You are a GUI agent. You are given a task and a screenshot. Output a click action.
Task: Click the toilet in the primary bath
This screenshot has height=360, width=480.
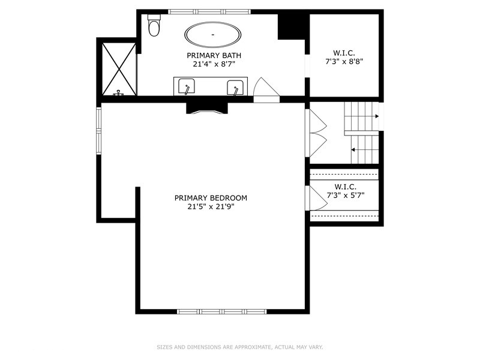(x=154, y=25)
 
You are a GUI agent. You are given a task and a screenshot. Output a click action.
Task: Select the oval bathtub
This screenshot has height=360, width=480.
(x=213, y=35)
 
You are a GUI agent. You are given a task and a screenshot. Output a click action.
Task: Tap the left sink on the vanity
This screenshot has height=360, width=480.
(x=187, y=87)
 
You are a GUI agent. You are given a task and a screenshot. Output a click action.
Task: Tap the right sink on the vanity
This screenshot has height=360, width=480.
(x=235, y=88)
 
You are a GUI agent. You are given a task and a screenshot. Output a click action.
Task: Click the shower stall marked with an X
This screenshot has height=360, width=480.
(x=119, y=69)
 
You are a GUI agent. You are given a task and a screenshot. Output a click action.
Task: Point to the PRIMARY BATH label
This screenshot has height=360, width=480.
(x=214, y=55)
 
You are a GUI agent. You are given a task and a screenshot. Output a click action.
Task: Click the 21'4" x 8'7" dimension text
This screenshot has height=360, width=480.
(x=214, y=64)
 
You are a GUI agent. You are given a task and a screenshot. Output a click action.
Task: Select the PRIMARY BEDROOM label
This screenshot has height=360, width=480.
(x=211, y=198)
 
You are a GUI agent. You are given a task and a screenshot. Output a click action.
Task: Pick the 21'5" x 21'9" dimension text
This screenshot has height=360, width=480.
(x=211, y=206)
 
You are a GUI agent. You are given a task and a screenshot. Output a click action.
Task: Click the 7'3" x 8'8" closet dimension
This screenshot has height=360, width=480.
(x=344, y=62)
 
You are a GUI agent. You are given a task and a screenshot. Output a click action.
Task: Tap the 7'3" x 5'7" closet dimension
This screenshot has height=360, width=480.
(x=346, y=195)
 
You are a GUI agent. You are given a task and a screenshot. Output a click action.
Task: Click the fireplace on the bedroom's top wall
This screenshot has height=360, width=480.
(x=207, y=109)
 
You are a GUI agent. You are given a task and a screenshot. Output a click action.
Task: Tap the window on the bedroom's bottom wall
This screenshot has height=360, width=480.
(x=222, y=311)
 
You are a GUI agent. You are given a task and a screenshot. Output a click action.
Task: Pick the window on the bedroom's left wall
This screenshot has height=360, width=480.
(x=98, y=131)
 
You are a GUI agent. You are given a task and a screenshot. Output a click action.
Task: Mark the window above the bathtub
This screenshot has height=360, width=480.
(x=209, y=11)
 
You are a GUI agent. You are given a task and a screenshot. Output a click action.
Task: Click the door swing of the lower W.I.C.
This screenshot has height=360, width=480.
(x=317, y=198)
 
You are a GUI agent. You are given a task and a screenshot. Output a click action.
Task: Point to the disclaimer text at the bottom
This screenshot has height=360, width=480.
(x=239, y=347)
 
